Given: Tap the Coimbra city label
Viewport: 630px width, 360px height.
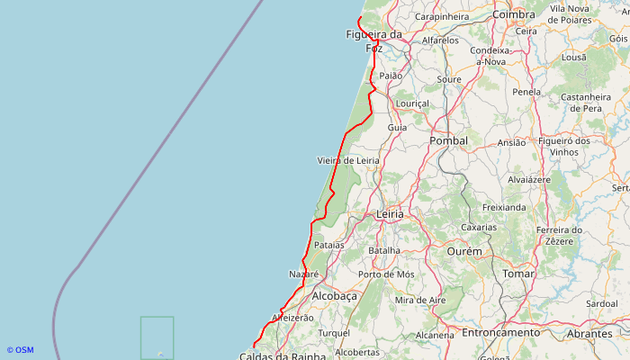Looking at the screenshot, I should click(x=514, y=14).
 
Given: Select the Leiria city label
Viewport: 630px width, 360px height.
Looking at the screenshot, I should click(x=390, y=214).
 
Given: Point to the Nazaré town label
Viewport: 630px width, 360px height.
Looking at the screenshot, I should click(x=304, y=274).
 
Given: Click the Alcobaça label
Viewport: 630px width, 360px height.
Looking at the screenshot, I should click(x=334, y=295).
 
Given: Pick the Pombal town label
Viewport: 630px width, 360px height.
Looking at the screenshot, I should click(x=449, y=140).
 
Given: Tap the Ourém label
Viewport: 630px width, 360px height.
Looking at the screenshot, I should click(x=464, y=251).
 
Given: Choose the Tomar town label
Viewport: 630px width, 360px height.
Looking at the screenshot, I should click(x=518, y=273).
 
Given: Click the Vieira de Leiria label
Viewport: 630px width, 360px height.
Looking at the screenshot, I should click(x=348, y=160).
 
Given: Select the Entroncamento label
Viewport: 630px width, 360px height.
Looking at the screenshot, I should click(x=499, y=332).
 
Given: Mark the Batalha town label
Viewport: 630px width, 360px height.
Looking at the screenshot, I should click(x=384, y=250).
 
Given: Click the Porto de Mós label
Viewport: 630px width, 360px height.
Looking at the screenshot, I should click(x=386, y=274).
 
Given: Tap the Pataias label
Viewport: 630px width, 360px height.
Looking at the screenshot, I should click(x=329, y=245).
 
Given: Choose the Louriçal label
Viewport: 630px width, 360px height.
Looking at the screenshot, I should click(x=413, y=103).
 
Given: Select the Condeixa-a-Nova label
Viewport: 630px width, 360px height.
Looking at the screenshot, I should click(x=490, y=56).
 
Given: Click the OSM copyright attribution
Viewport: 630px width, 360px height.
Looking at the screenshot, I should click(x=20, y=350).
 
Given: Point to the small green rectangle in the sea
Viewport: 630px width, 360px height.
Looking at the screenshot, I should click(x=157, y=337).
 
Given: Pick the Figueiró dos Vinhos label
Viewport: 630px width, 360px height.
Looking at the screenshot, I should click(x=563, y=147).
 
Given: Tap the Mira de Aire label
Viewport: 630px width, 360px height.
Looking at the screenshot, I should click(x=420, y=300).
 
